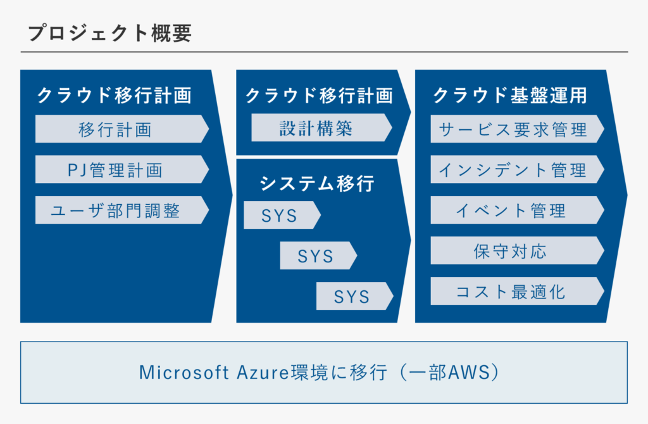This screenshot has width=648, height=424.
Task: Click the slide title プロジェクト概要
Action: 109,33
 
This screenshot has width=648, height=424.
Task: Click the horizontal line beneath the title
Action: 325,52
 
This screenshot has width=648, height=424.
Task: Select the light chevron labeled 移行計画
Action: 122,129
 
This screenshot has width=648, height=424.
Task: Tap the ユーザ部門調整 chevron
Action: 122,210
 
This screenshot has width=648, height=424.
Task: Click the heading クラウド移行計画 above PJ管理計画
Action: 115,95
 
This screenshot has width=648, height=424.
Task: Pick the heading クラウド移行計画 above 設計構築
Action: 319,95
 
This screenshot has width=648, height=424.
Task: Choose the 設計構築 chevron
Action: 321,127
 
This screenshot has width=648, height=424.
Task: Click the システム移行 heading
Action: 317,183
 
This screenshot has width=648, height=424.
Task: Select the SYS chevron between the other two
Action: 318,255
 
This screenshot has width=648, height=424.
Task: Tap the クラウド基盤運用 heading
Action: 509,95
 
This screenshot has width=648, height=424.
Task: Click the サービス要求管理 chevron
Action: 517,129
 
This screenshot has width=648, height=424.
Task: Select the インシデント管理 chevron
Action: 517,169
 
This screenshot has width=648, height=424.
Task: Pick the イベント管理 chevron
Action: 517,210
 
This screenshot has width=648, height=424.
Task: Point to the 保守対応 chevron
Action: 517,250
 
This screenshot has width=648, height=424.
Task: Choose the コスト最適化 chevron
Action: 517,291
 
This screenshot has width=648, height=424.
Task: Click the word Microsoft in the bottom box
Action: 184,372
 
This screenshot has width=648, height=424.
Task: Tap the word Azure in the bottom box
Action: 263,372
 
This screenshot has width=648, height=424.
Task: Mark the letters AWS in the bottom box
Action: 469,372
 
